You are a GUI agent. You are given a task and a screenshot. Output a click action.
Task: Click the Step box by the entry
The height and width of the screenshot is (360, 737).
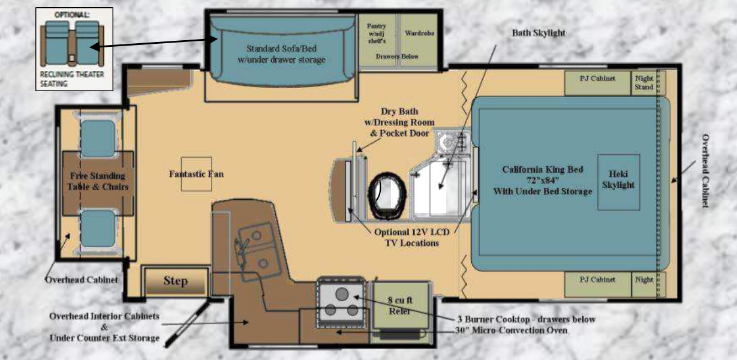coord(176,281)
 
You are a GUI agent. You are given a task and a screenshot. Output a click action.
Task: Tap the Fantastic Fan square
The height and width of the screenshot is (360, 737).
coord(196,174)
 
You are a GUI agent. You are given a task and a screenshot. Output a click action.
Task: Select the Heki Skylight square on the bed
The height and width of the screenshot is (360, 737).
coord(618,181)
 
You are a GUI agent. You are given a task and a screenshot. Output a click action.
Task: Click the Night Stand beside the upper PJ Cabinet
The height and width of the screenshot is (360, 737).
coord(644,83)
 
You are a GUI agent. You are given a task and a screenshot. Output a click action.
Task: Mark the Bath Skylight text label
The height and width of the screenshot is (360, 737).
coord(539,33)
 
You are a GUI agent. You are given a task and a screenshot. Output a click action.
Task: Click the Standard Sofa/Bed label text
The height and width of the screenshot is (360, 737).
coord(285,54)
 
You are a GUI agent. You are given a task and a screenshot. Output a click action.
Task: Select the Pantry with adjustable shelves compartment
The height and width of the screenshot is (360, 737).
coord(377,34)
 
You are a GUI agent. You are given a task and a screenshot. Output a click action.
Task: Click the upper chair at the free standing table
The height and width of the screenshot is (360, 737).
coord(97,138)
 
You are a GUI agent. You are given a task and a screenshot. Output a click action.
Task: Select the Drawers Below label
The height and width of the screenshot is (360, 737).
coord(397,56)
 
